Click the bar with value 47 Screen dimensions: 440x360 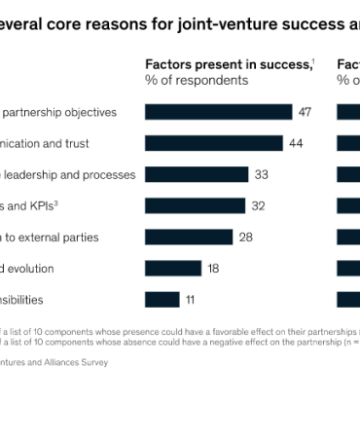(x=218, y=112)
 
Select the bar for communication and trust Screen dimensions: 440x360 (x=213, y=143)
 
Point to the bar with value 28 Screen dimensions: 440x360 (x=189, y=237)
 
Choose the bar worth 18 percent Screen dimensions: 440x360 (x=173, y=268)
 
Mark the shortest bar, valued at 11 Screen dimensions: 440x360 (x=162, y=299)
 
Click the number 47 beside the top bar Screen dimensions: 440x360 (x=305, y=112)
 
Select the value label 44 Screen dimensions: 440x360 (x=296, y=143)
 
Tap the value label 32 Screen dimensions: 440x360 (x=258, y=205)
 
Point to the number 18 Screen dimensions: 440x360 (x=213, y=268)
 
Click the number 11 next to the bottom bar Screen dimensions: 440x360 (x=191, y=299)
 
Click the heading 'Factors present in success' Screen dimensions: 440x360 (x=228, y=63)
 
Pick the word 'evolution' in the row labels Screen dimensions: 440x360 (x=29, y=268)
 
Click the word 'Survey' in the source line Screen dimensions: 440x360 (x=93, y=362)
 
